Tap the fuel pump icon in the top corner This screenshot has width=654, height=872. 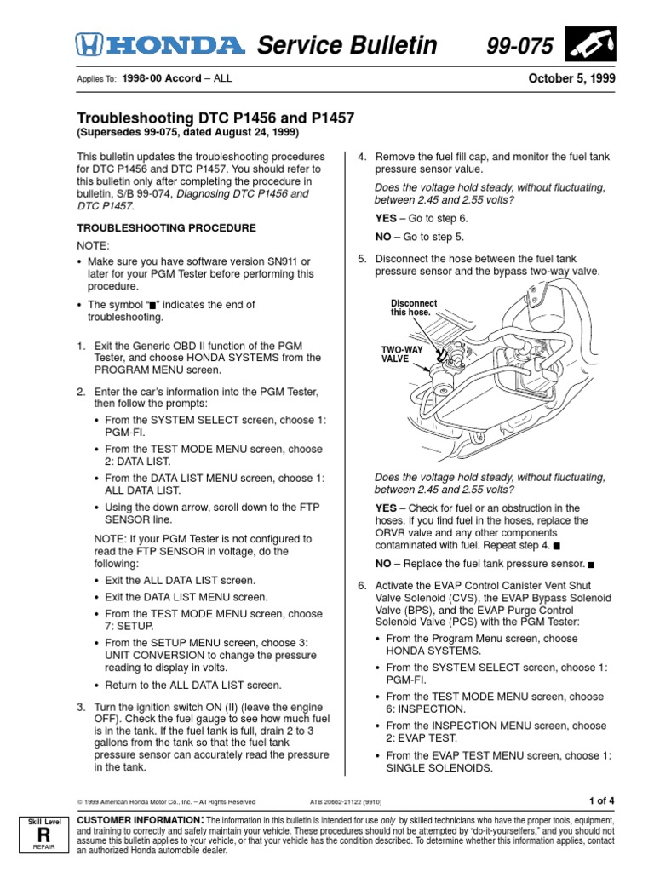[593, 44]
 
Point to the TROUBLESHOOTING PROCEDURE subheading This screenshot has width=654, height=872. [166, 228]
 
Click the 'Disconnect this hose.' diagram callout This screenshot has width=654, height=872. [414, 307]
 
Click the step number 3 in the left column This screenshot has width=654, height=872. [81, 708]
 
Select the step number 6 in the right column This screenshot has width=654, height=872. [361, 587]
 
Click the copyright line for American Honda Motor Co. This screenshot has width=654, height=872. [166, 801]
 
